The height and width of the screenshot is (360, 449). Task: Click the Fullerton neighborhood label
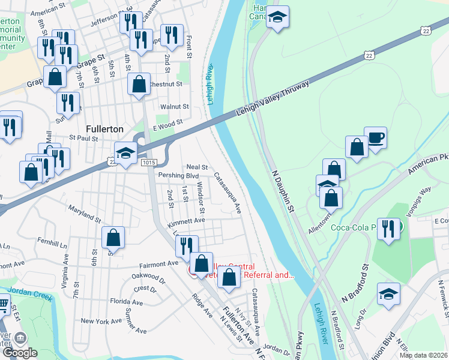coord(104,128)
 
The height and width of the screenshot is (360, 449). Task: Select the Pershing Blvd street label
coord(178,176)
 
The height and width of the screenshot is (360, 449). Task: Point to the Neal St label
coord(197,167)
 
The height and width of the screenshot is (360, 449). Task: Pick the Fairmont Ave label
coord(159,263)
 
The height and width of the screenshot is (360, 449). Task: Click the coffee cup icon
coord(376,137)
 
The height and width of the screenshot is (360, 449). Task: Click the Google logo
coord(19,353)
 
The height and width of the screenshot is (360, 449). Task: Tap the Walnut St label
coord(175,107)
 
